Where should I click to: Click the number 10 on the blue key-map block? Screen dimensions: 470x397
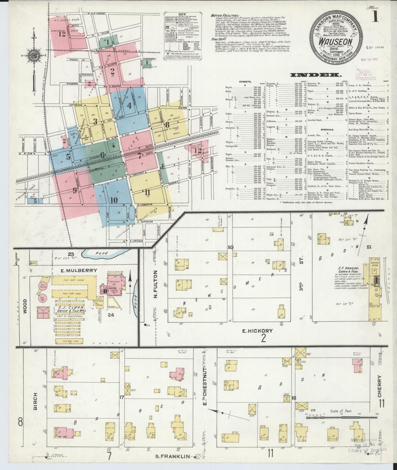click(114, 200)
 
